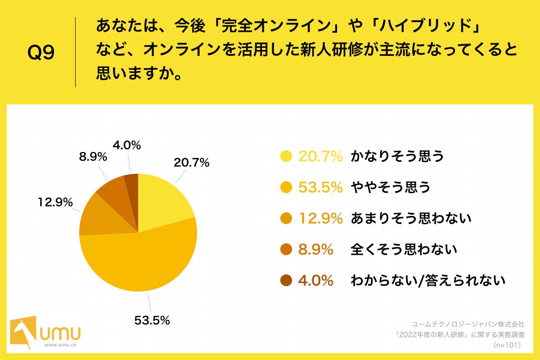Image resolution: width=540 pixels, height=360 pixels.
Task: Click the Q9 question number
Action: click(41, 53)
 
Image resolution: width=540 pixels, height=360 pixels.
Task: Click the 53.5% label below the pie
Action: click(152, 320)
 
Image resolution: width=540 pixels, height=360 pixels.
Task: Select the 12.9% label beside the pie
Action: click(55, 203)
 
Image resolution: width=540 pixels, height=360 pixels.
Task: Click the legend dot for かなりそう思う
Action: click(286, 156)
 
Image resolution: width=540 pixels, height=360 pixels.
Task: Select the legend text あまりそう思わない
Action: click(410, 218)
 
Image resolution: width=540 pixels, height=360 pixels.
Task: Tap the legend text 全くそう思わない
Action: click(404, 249)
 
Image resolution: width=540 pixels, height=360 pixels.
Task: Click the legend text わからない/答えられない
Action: click(428, 280)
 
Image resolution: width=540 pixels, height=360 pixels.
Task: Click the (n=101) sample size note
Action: click(507, 345)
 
